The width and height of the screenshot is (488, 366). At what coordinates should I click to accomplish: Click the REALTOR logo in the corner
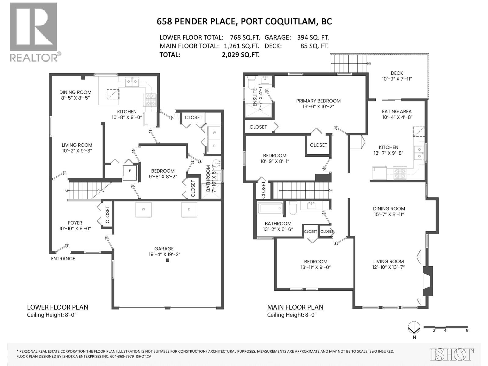(x=34, y=32)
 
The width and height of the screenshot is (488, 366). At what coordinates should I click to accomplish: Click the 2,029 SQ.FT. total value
(x=241, y=55)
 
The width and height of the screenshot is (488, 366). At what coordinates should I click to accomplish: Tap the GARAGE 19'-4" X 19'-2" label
(x=164, y=252)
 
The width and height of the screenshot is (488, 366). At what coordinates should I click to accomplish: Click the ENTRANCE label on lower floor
(x=63, y=259)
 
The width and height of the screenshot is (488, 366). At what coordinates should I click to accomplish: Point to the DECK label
(x=397, y=76)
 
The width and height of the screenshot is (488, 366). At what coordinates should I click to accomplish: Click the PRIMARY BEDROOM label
(x=318, y=104)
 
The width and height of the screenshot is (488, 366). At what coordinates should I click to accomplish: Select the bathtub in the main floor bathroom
(x=270, y=209)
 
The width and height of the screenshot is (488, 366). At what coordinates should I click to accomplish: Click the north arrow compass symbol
(x=413, y=328)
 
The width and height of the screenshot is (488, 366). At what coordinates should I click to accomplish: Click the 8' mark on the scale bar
(x=467, y=330)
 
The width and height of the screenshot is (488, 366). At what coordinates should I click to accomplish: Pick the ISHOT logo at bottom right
(x=452, y=354)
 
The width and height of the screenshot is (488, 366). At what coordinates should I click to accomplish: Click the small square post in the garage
(x=167, y=260)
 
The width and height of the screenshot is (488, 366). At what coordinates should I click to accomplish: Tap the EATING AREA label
(x=396, y=114)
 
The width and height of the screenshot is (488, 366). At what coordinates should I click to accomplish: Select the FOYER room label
(x=75, y=225)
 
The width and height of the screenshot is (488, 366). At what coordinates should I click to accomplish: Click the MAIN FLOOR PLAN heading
(x=295, y=307)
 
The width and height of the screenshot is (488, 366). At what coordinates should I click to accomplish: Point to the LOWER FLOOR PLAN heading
(x=58, y=307)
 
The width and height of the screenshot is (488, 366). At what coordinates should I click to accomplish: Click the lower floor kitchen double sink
(x=133, y=82)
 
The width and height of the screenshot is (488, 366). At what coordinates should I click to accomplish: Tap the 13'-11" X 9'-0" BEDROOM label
(x=316, y=264)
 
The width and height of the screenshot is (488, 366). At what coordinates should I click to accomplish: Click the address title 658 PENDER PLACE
(x=196, y=22)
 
